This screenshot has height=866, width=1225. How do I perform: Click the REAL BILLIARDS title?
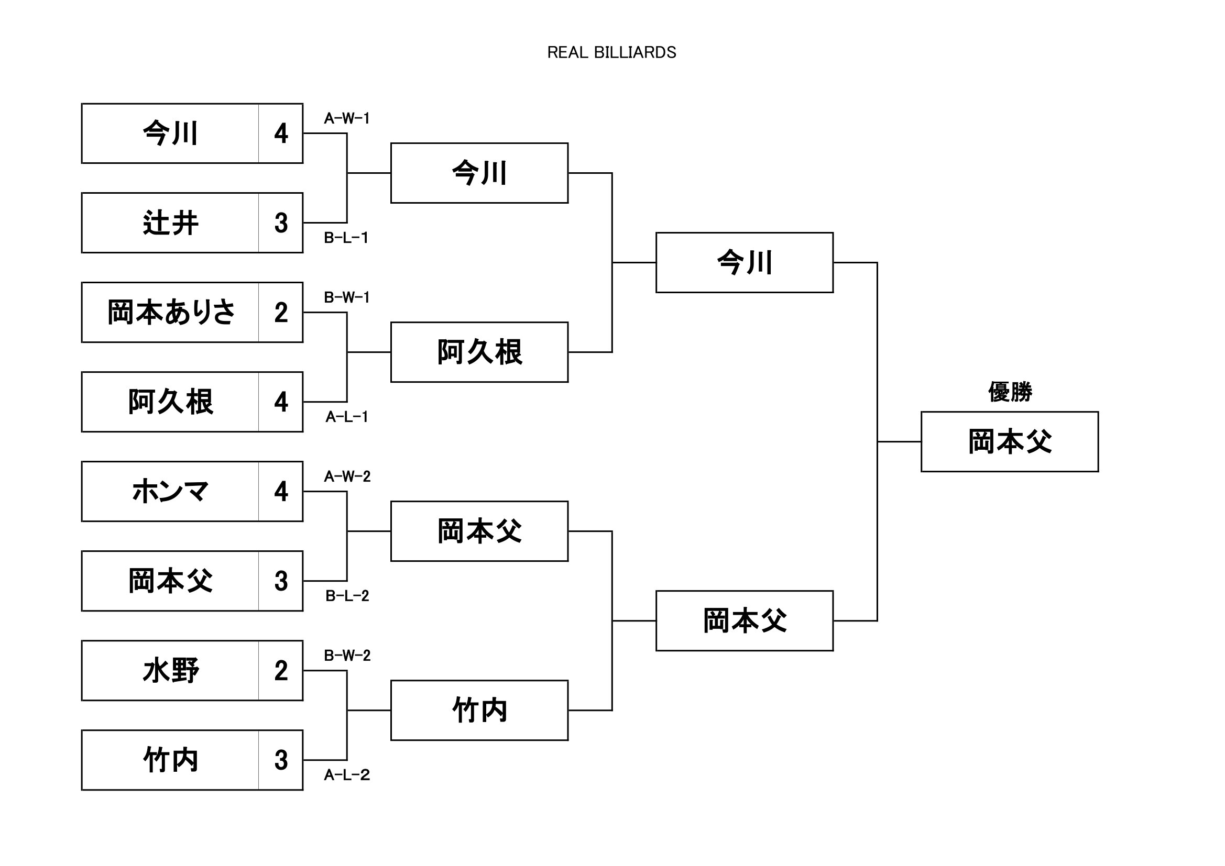click(611, 52)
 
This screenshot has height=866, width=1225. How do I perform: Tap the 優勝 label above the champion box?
click(1010, 392)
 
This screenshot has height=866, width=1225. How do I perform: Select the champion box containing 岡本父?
click(1010, 441)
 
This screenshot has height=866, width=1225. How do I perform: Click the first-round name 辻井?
click(170, 223)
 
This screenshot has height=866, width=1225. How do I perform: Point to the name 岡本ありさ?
click(170, 313)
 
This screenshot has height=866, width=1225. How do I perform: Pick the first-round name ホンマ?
click(170, 492)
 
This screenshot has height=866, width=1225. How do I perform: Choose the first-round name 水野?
click(170, 671)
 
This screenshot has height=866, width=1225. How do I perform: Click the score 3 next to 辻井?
click(281, 223)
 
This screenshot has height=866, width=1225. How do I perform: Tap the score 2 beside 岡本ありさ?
click(281, 313)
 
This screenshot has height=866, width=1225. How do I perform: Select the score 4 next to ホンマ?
click(281, 492)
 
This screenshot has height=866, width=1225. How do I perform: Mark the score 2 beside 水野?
click(281, 671)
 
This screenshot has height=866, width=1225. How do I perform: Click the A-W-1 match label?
click(347, 118)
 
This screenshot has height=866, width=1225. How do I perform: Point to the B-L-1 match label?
click(346, 238)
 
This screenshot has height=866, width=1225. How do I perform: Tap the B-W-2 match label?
click(347, 656)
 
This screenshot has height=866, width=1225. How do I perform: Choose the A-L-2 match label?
click(347, 775)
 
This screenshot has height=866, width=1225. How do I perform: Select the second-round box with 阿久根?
click(479, 352)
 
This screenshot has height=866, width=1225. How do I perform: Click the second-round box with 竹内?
click(479, 710)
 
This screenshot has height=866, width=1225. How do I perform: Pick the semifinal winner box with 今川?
click(745, 262)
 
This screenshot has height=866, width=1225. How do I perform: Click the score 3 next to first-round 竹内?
click(281, 760)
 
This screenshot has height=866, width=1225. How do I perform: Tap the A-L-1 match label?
click(347, 417)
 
